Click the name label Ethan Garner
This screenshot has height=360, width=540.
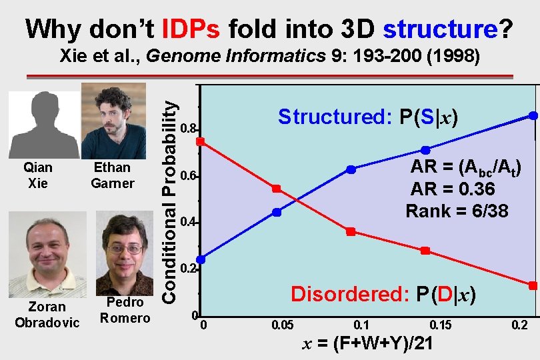(113, 175)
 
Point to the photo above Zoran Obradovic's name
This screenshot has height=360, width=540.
(47, 255)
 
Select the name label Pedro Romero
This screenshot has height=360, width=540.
(125, 310)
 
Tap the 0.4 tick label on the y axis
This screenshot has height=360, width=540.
(189, 221)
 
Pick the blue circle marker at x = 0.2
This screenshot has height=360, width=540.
(533, 115)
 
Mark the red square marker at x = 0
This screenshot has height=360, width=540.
(201, 141)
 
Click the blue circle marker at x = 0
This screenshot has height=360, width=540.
(201, 259)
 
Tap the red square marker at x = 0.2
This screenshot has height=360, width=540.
(533, 285)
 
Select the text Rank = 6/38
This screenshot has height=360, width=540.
(457, 211)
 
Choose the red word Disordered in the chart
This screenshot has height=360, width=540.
(349, 294)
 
